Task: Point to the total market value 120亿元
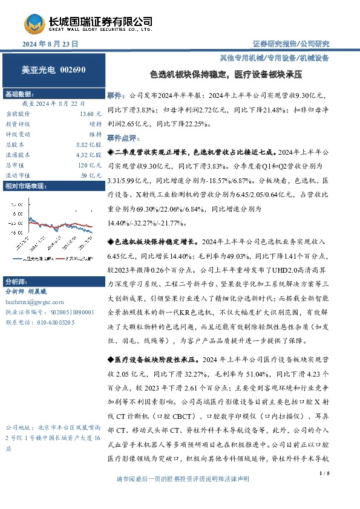90,165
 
